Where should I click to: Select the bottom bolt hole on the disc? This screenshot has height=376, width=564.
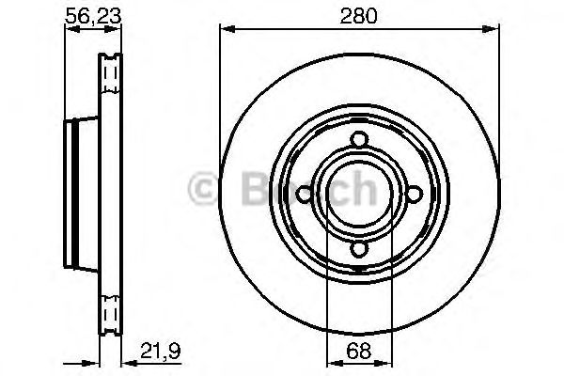[359, 249]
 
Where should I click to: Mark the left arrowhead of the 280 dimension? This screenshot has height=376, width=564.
[227, 29]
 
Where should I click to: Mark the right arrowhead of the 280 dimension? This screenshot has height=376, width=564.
[493, 29]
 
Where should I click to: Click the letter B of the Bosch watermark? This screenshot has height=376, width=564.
[252, 189]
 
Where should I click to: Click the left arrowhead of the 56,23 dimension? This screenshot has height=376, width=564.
[68, 29]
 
